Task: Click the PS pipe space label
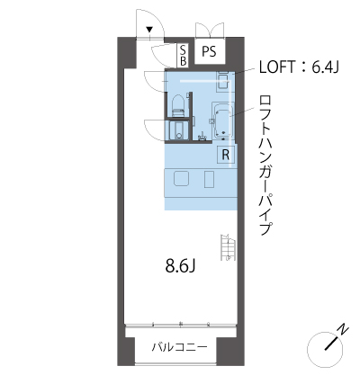coord(209,51)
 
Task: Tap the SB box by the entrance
coord(183,56)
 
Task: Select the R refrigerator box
coord(225,155)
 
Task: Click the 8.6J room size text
coord(180,265)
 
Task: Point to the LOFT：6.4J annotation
coord(299,67)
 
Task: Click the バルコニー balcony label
coord(179,347)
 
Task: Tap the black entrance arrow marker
coord(149,30)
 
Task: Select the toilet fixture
coord(177,105)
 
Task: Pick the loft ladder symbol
coord(227,247)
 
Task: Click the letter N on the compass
coord(343,330)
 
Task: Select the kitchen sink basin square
coord(181,179)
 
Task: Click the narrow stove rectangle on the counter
coord(209,179)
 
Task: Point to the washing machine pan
coord(223,81)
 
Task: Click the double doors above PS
coord(210,30)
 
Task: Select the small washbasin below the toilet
coord(178,130)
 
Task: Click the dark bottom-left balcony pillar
coord(126,351)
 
